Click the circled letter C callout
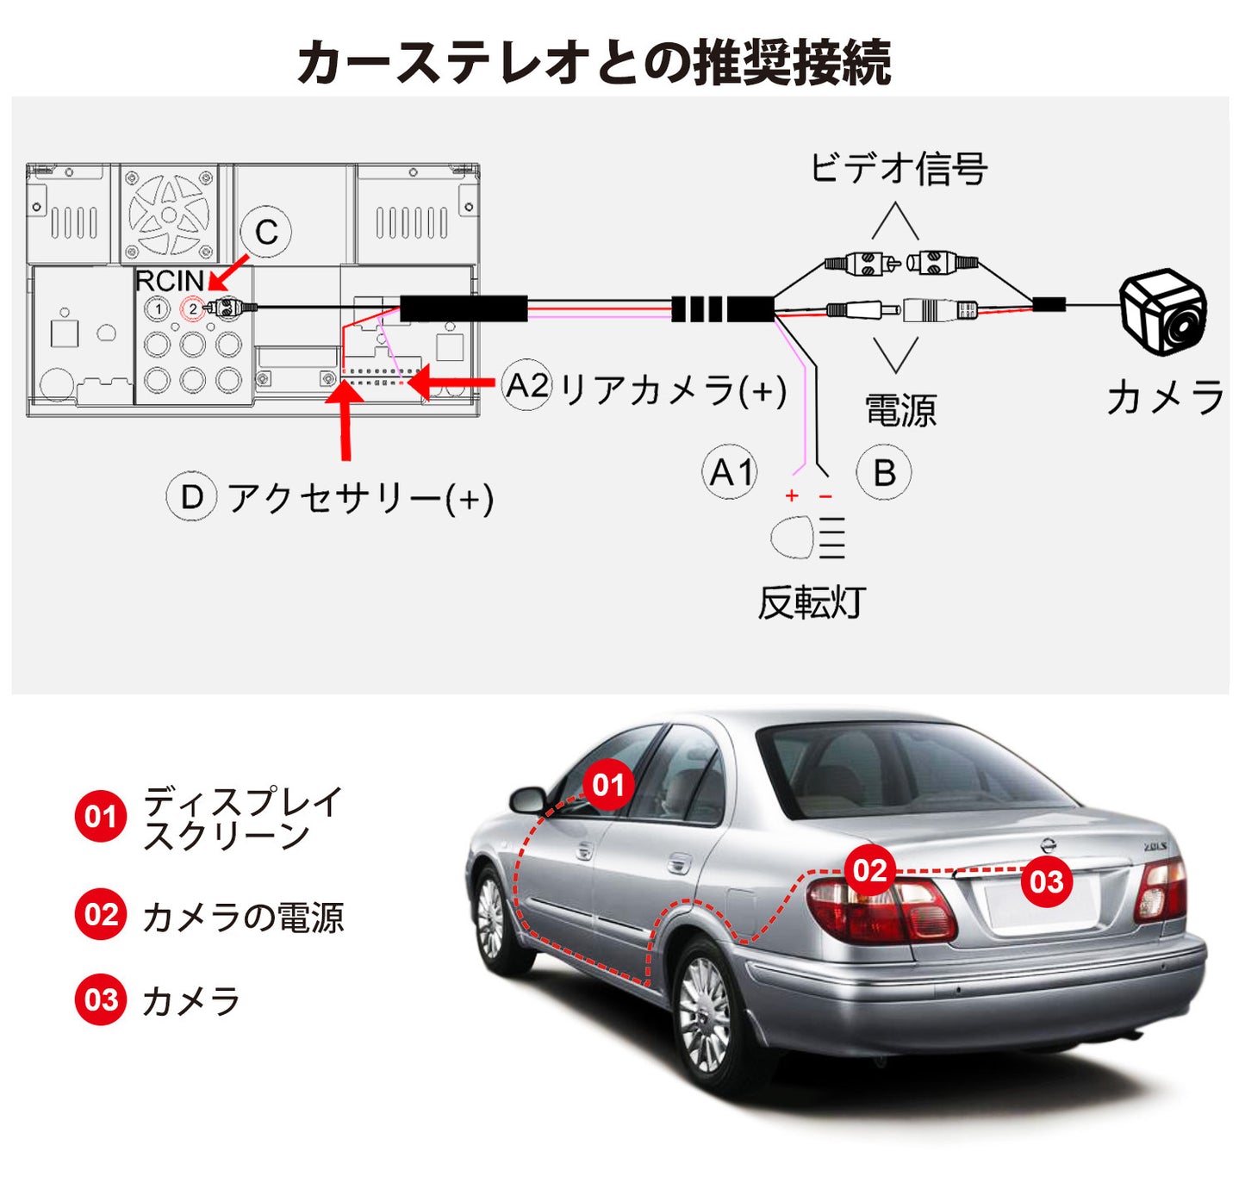tap(265, 231)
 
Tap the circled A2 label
tap(526, 385)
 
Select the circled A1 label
tap(729, 472)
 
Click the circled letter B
tap(883, 472)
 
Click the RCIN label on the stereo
tap(169, 281)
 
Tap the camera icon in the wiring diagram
tap(1163, 311)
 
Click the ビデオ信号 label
tap(898, 168)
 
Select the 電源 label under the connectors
tap(900, 410)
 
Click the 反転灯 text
tap(811, 602)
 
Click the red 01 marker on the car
tap(608, 785)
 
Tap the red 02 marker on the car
tap(869, 870)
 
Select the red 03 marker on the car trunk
tap(1046, 881)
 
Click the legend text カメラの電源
tap(243, 917)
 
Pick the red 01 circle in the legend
tap(101, 815)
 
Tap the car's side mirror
tap(527, 800)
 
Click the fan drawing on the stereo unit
tap(169, 214)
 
